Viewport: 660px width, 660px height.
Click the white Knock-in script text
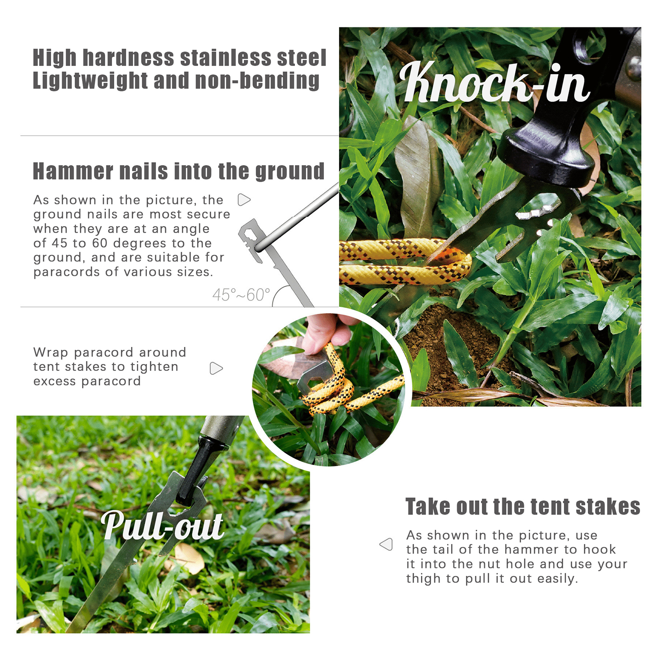tap(494, 82)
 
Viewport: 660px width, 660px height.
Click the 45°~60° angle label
tap(241, 295)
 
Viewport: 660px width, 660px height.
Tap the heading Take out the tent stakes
tap(523, 507)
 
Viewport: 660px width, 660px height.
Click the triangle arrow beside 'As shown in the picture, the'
tap(244, 200)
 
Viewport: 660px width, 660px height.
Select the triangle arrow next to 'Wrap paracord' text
tap(216, 368)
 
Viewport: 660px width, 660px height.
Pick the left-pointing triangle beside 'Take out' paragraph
tap(386, 544)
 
